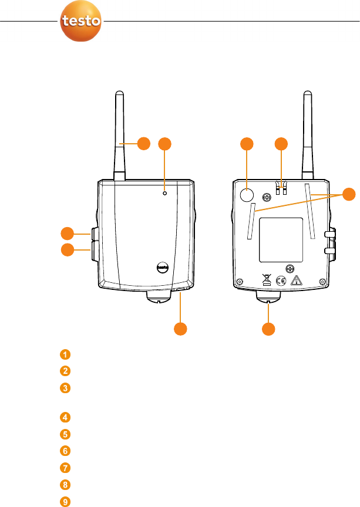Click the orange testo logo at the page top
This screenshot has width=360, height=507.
tap(82, 22)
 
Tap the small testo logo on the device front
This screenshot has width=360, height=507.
tap(163, 266)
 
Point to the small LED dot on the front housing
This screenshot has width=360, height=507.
tap(164, 193)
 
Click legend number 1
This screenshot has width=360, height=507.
tap(65, 354)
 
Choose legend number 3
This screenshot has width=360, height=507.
tap(65, 388)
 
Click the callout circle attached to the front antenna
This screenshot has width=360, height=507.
tap(143, 143)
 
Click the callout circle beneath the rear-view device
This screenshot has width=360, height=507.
tap(268, 329)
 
